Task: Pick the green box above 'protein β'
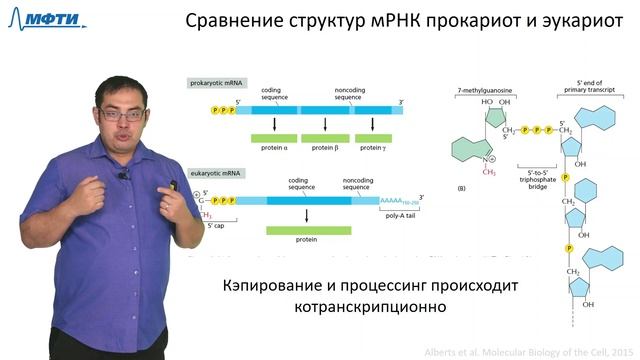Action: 321,136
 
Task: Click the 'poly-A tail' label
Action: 400,214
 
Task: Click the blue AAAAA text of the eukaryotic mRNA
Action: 393,199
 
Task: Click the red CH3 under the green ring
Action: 489,172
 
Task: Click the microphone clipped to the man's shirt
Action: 124,176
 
